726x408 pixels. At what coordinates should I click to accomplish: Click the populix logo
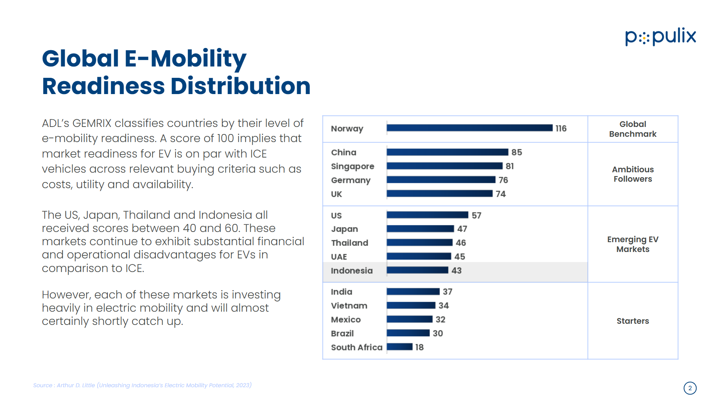click(x=660, y=37)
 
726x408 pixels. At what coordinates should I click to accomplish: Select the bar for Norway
click(x=469, y=128)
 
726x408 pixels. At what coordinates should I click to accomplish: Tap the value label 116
click(x=561, y=128)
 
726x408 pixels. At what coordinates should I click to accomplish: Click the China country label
click(x=343, y=152)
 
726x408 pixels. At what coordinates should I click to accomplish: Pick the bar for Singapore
click(x=444, y=166)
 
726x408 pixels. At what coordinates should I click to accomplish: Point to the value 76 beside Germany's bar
click(x=503, y=180)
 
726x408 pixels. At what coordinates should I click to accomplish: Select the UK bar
click(x=439, y=194)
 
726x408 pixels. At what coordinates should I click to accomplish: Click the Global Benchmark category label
click(x=633, y=129)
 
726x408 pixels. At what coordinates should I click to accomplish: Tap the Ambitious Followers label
click(x=633, y=174)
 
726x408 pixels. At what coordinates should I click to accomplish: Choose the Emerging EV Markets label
click(x=633, y=244)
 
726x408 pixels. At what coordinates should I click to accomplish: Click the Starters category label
click(x=633, y=321)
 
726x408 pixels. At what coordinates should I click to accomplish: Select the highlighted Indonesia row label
click(x=352, y=270)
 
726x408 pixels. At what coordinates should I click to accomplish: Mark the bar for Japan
click(x=420, y=229)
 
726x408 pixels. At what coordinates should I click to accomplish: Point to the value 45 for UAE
click(x=459, y=257)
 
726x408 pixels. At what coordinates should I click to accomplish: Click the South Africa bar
click(x=399, y=347)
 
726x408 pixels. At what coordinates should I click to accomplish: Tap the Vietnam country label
click(x=349, y=306)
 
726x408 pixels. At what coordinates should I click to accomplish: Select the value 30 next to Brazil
click(x=437, y=333)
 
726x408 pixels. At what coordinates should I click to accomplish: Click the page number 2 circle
click(x=690, y=388)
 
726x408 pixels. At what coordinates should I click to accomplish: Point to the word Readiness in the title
click(x=103, y=86)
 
